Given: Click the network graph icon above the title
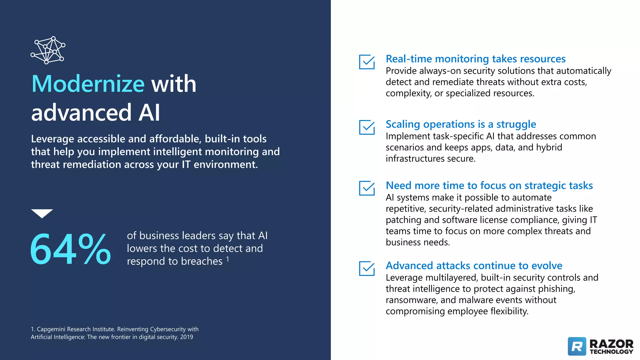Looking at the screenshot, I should (48, 50).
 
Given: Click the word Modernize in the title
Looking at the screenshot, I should (88, 84).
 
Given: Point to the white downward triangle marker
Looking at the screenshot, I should (42, 213).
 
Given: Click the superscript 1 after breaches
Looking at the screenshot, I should (227, 259).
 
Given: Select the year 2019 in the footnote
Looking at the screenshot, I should (187, 337).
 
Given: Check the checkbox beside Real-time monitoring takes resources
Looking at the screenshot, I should (367, 62).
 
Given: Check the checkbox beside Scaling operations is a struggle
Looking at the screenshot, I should (367, 127).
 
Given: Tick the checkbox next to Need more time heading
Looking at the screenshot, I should (367, 188).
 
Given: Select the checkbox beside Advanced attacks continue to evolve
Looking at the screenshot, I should (367, 268).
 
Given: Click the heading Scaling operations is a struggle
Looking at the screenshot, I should (461, 124).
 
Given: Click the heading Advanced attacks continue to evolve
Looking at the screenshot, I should (474, 266).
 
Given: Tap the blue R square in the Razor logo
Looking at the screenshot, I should (577, 346).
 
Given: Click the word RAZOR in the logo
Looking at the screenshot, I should (611, 344).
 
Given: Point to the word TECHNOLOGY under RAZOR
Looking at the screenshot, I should (611, 352).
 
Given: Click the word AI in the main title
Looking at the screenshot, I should (149, 112).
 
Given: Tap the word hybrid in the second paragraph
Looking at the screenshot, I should (549, 147).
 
